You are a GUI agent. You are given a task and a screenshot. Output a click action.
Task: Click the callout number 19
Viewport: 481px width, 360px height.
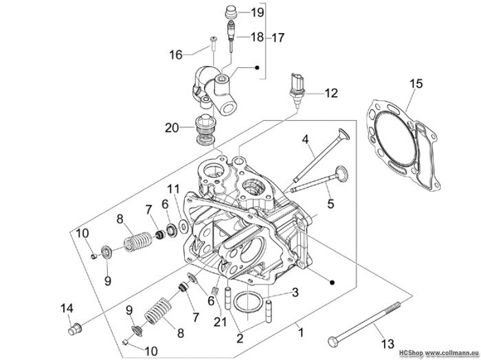coord(258,12)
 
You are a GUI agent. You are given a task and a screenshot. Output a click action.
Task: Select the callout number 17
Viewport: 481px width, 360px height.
coord(278,38)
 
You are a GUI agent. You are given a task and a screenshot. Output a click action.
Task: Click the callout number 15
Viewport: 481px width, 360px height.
coord(416,83)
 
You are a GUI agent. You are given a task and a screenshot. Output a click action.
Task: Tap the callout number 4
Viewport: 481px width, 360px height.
coord(305,139)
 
